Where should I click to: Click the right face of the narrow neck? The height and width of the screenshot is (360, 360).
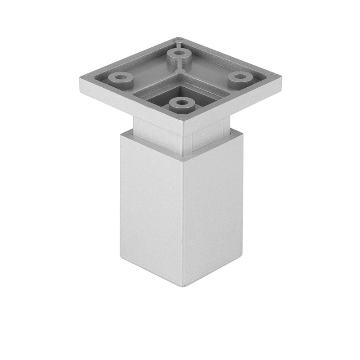(x=207, y=135)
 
